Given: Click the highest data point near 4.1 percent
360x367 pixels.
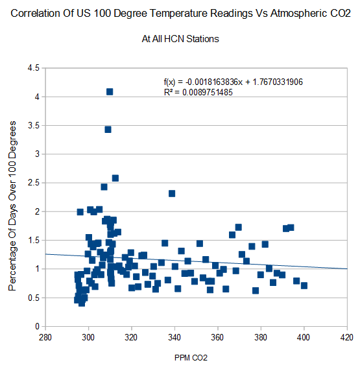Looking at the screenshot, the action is pos(110,91).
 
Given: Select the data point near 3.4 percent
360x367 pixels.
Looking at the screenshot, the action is pos(108,130).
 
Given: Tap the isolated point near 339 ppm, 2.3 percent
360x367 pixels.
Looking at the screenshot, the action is pos(172,194).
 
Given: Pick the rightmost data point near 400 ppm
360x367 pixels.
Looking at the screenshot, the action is pos(304,285).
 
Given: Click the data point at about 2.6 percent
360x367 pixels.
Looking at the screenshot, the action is pos(115,178).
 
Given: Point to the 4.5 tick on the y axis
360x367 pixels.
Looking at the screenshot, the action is pos(34,68).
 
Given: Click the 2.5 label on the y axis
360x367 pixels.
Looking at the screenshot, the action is pos(34,183).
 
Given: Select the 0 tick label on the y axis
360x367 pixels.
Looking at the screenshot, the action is pos(37,326).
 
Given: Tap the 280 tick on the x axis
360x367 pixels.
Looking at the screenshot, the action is pos(45,337).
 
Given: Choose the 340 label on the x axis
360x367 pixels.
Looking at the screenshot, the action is pos(174,337).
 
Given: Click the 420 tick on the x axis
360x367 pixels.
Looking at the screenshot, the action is pos(347,337).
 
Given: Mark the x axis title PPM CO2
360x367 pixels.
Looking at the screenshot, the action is pos(191,358).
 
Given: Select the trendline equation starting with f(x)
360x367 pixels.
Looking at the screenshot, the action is pos(233,82).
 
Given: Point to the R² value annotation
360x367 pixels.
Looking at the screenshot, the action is pos(198,92).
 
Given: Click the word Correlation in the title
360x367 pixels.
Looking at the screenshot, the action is pos(35,14).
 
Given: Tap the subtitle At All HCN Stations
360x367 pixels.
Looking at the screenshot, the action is pos(180,39).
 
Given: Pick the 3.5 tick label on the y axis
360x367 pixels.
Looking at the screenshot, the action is pos(34,125).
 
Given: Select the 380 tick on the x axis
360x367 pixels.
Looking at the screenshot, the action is pos(261,337).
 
